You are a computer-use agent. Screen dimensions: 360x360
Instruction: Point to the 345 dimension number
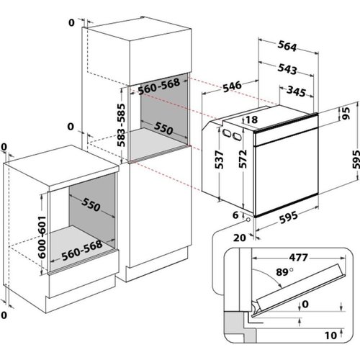click(294, 91)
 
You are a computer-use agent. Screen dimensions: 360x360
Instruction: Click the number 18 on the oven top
click(251, 120)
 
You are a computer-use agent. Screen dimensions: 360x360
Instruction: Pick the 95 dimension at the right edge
click(346, 112)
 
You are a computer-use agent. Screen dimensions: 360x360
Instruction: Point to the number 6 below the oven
click(235, 215)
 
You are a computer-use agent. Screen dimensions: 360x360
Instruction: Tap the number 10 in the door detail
click(328, 335)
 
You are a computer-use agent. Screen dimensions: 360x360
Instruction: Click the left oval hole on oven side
click(226, 133)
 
